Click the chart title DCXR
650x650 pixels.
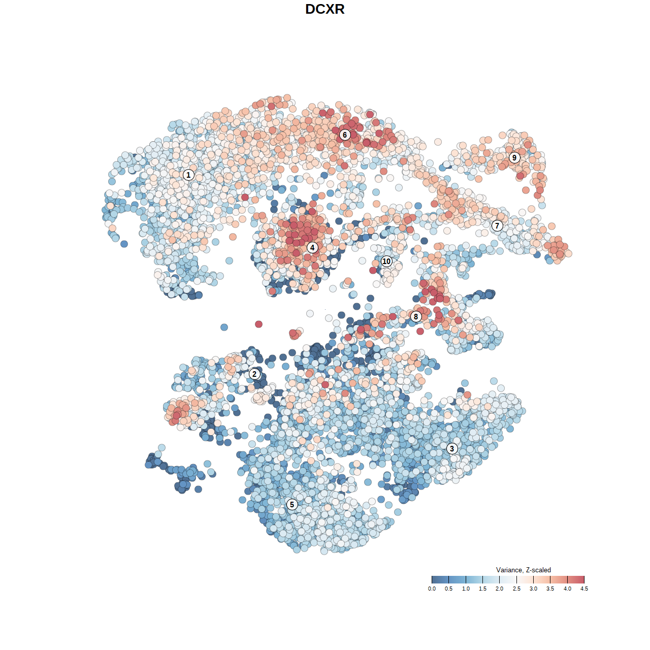(325, 9)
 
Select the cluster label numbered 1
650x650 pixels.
(188, 175)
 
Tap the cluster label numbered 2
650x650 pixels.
(254, 374)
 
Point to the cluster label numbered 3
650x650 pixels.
(452, 448)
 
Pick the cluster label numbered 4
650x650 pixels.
(312, 247)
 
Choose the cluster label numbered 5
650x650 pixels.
(292, 504)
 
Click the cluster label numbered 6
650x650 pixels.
(345, 135)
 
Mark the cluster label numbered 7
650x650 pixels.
(497, 225)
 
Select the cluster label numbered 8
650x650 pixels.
(416, 316)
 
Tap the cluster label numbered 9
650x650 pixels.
(514, 157)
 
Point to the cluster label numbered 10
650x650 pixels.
(386, 261)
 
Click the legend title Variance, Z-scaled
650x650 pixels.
(523, 570)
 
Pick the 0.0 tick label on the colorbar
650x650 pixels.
(432, 589)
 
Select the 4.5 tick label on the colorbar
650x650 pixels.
(584, 589)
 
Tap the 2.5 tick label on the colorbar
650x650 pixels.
(516, 589)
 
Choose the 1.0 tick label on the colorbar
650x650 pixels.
(466, 589)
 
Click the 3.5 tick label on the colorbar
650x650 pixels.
(550, 589)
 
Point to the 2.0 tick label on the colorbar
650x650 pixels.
(500, 589)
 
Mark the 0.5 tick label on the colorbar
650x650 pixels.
(449, 589)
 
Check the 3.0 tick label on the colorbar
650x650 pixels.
(533, 589)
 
